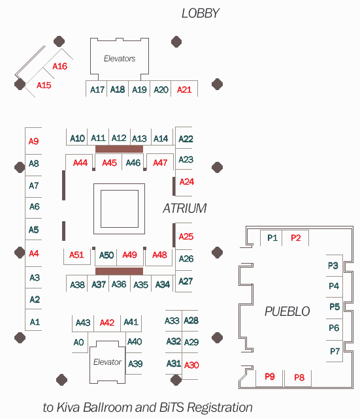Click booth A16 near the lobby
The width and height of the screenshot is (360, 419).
[59, 67]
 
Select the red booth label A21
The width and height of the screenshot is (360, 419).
[184, 89]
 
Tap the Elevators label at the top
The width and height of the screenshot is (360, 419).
[120, 59]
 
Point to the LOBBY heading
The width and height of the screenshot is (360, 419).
[201, 13]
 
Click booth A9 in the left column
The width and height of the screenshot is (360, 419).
[34, 141]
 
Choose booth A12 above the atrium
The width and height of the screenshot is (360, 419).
[119, 138]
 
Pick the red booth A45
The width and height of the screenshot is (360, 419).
[109, 163]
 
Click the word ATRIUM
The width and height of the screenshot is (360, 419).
[184, 208]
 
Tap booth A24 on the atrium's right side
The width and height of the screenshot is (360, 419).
[187, 181]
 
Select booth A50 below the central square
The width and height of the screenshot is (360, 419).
[106, 255]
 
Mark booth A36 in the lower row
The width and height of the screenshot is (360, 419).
[119, 284]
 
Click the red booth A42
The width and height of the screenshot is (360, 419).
[107, 322]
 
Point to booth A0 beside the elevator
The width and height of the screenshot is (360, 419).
[78, 342]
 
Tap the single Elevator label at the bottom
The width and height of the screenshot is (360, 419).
[107, 362]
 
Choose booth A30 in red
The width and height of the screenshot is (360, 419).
[191, 365]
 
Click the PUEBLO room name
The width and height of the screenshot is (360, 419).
[287, 311]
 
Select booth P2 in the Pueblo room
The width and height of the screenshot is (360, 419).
[296, 238]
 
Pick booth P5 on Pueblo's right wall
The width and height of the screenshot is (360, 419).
[335, 307]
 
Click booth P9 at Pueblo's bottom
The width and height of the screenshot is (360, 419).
[270, 377]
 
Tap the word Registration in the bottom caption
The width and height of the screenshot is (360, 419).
[220, 408]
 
